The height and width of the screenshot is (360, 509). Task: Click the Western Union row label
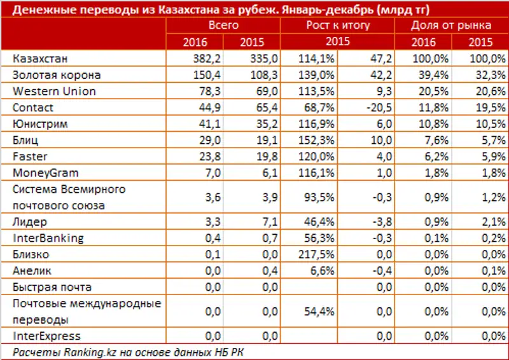pyautogui.click(x=54, y=92)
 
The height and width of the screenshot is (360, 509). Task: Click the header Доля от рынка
pyautogui.click(x=450, y=25)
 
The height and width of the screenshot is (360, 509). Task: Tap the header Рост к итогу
pyautogui.click(x=338, y=25)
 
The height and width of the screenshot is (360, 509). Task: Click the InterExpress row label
pyautogui.click(x=46, y=336)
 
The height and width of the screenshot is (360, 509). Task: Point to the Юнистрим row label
pyautogui.click(x=39, y=124)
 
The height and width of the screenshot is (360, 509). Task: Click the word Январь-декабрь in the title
pyautogui.click(x=325, y=9)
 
